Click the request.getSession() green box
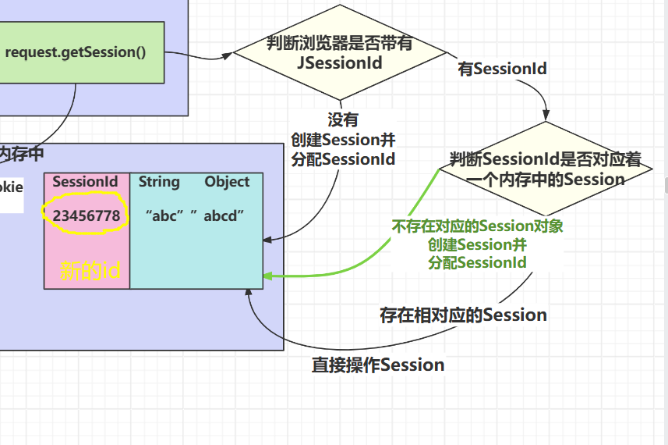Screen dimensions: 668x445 (x=82, y=52)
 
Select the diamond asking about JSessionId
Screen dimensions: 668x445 (x=340, y=52)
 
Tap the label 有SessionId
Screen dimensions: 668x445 (x=502, y=69)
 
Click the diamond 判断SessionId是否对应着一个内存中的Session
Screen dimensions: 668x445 (x=546, y=169)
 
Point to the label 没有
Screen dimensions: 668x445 (x=343, y=119)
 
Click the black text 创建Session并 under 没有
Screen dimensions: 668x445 (x=344, y=140)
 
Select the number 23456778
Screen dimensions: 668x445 (x=87, y=216)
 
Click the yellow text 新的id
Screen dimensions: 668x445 (x=90, y=270)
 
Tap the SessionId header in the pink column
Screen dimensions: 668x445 (x=85, y=182)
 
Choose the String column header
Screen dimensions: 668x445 (x=159, y=182)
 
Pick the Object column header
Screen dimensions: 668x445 (x=227, y=182)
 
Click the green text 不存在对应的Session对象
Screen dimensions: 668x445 (x=478, y=226)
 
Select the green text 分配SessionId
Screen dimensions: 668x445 (x=478, y=262)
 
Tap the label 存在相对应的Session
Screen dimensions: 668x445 (x=464, y=315)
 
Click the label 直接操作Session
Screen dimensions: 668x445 (x=378, y=365)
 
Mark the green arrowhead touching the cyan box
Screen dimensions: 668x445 (x=268, y=276)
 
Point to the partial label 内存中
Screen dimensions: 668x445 (x=21, y=154)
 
